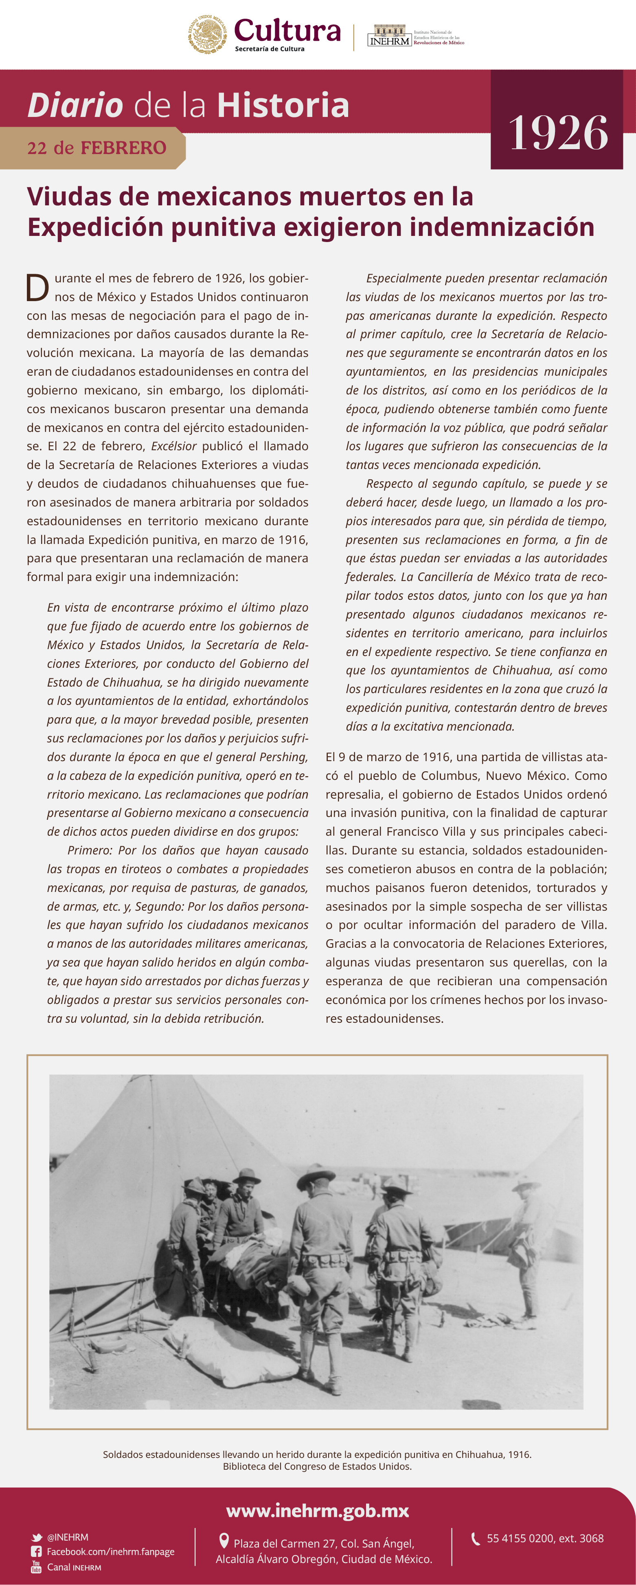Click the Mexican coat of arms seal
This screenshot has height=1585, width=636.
pyautogui.click(x=207, y=35)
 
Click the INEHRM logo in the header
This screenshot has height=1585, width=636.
pyautogui.click(x=389, y=36)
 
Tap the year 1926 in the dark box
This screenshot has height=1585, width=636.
pyautogui.click(x=557, y=133)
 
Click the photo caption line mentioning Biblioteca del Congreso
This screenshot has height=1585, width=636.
pyautogui.click(x=317, y=1466)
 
